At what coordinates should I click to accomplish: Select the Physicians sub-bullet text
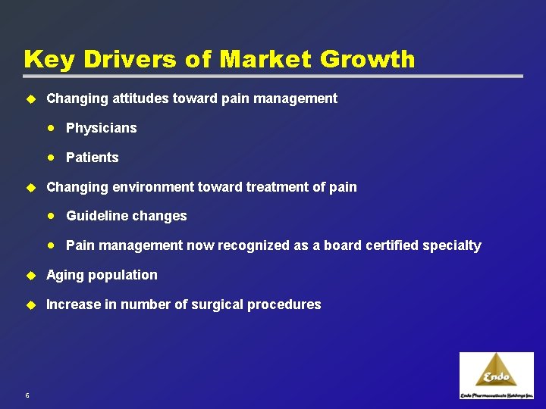[102, 128]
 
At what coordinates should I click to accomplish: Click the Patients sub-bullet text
[93, 158]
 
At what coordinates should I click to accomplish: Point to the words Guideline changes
[127, 216]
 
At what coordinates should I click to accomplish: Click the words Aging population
[102, 275]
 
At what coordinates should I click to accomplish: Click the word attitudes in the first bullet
[126, 98]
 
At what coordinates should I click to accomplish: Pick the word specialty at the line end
[453, 245]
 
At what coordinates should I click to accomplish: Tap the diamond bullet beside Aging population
[31, 275]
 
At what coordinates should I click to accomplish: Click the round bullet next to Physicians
[51, 128]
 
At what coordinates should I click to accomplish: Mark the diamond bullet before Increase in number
[31, 304]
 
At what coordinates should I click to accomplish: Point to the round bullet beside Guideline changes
[51, 216]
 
